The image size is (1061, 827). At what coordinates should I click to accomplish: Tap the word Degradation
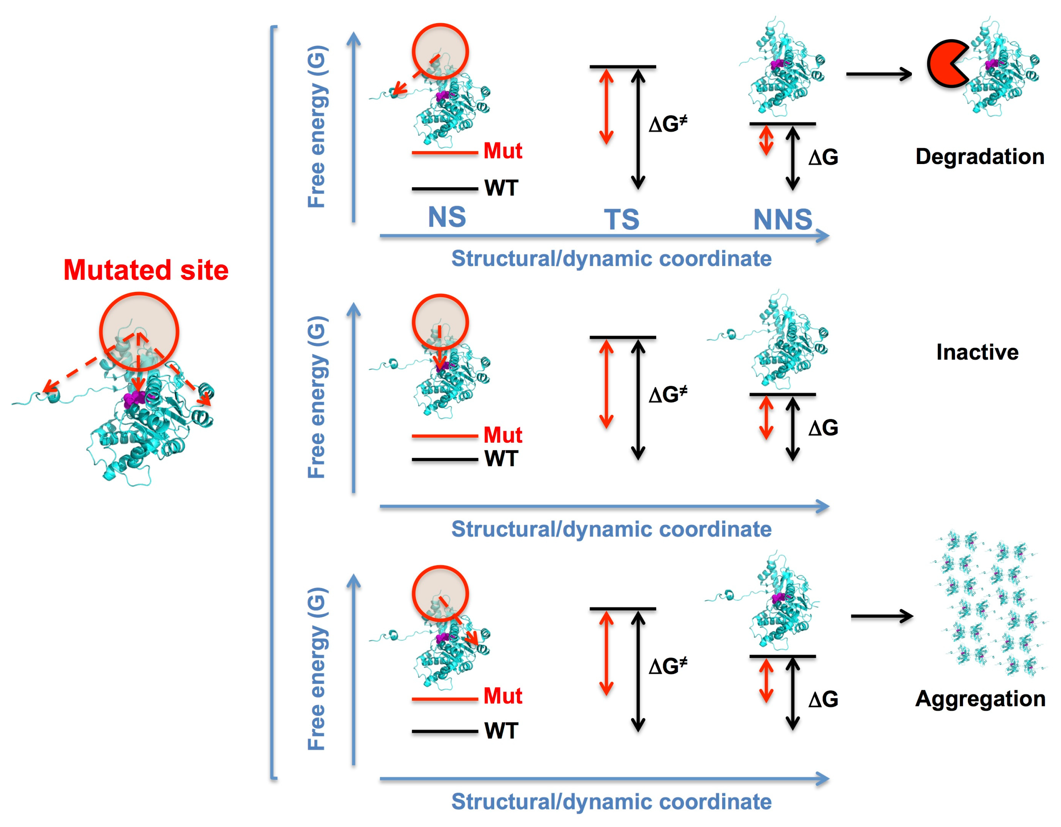point(980,156)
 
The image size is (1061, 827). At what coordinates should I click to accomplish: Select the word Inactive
point(977,352)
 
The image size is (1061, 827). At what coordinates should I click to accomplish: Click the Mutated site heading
point(146,270)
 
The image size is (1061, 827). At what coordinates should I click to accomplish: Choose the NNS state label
point(782,220)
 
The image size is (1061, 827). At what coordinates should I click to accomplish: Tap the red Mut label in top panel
point(502,151)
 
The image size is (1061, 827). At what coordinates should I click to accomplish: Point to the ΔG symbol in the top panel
point(823,157)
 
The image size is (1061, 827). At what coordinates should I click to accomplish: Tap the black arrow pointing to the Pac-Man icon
point(878,74)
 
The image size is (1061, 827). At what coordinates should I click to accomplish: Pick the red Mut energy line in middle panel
point(445,436)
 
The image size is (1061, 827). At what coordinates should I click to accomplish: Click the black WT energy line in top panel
point(445,189)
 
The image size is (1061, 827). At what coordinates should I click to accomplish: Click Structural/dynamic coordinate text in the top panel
point(611,258)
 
